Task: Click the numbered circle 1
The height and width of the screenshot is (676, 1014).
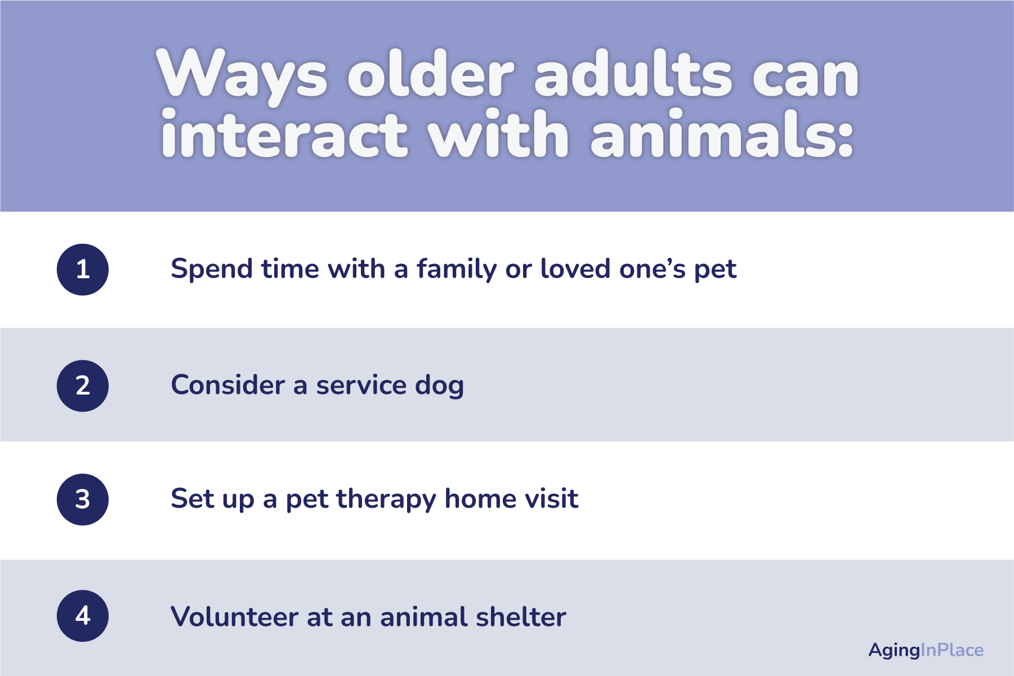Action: (83, 270)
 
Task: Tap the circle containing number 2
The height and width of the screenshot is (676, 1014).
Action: (83, 386)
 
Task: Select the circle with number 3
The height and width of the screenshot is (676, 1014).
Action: (83, 500)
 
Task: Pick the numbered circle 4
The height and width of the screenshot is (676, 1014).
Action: (83, 616)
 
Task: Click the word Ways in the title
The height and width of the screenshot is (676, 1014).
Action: (242, 77)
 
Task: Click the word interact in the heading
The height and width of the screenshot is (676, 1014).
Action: (284, 133)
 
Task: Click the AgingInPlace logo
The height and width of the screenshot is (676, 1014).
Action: (926, 651)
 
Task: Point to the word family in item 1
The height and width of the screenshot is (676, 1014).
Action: (457, 269)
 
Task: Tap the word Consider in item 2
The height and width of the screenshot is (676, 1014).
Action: (227, 385)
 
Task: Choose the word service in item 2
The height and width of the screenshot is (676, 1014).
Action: (361, 386)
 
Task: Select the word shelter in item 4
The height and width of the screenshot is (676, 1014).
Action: (521, 616)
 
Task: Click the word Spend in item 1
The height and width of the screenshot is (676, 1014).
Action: (212, 269)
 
